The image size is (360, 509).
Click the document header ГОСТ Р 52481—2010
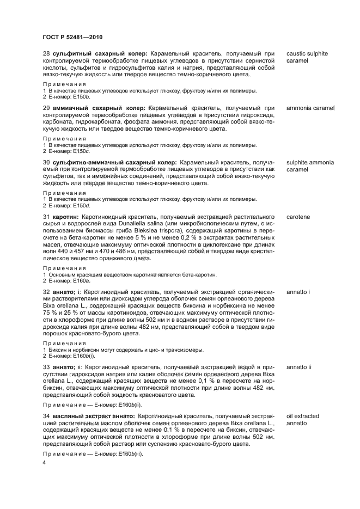click(x=72, y=36)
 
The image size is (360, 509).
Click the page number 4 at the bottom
click(x=45, y=462)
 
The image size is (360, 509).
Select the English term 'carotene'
click(x=298, y=217)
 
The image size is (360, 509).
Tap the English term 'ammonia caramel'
click(x=310, y=108)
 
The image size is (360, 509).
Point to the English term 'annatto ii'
click(x=299, y=367)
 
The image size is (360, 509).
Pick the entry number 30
click(x=46, y=162)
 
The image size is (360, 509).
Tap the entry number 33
click(x=46, y=367)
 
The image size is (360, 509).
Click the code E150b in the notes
click(x=83, y=95)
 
